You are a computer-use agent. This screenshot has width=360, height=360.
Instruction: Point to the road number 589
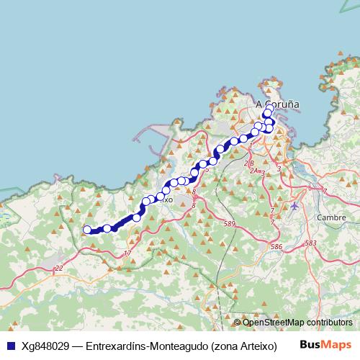(x=230, y=225)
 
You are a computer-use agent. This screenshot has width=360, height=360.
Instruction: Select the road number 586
(x=276, y=247)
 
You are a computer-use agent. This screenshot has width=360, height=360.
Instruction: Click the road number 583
(x=310, y=243)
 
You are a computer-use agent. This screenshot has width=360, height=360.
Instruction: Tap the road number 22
(x=59, y=269)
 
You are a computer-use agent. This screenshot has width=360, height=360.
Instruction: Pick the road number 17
(x=127, y=253)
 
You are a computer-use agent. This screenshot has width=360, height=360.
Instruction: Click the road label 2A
(x=253, y=171)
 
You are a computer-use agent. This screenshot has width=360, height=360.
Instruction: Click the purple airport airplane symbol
(x=295, y=207)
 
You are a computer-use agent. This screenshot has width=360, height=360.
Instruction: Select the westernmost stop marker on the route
(x=87, y=230)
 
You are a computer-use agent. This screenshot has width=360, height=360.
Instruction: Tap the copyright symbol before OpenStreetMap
(x=238, y=323)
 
